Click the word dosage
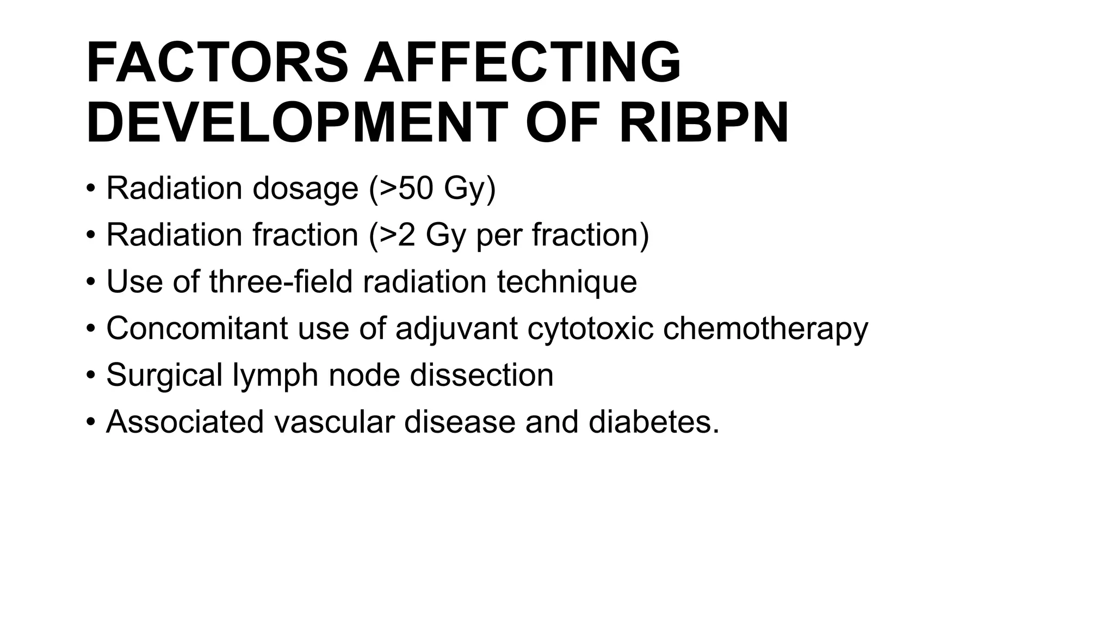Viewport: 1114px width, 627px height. [305, 189]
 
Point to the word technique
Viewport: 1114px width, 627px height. [567, 282]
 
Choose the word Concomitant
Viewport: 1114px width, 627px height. [197, 328]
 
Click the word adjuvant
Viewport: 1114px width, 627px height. [456, 329]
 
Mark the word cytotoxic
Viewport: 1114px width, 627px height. [590, 329]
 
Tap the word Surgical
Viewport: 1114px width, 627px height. [164, 376]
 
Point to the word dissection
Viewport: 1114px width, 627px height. [481, 375]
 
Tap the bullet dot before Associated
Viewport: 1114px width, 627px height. [91, 422]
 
